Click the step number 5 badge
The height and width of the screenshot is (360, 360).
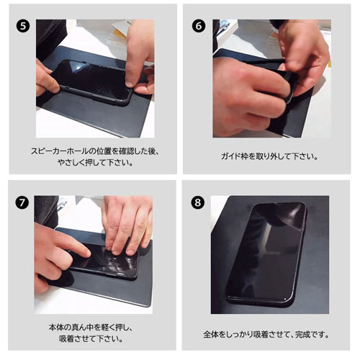pos(23,26)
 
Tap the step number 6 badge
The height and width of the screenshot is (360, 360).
pos(199,26)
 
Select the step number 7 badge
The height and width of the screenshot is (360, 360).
pos(22,203)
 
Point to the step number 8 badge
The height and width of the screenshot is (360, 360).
pos(198,202)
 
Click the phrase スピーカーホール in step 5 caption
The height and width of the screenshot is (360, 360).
pos(60,151)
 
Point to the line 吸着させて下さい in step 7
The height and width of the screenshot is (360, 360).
pos(91,338)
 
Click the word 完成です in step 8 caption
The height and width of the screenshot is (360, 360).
pos(312,334)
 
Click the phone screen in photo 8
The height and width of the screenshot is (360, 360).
pos(266,252)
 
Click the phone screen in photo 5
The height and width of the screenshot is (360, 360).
pos(92,77)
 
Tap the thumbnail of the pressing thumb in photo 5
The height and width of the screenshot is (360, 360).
pos(130,84)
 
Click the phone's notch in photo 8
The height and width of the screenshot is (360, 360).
pos(279,204)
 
